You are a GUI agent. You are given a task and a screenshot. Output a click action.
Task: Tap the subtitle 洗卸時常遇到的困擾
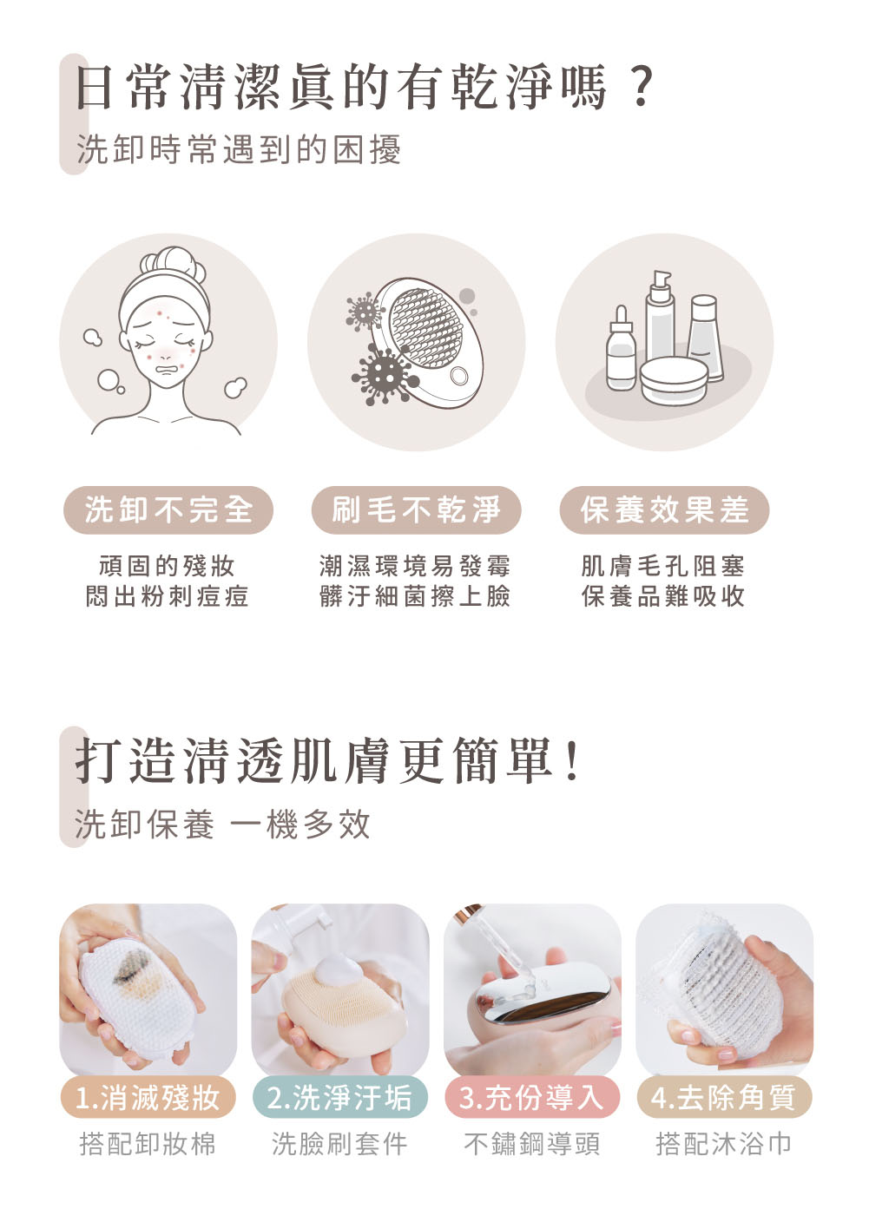(239, 149)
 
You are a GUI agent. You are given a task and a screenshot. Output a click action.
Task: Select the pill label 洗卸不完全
(168, 509)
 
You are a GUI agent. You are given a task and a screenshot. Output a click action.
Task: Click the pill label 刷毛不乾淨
(416, 509)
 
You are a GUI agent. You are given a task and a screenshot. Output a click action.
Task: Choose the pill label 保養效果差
(664, 509)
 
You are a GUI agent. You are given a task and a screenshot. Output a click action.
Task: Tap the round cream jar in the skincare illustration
(674, 380)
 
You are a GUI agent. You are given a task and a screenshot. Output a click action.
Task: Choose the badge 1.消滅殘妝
(148, 1098)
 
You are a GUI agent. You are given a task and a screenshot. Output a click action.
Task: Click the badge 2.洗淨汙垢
(339, 1098)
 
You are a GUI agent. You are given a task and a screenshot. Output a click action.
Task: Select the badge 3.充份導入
(531, 1098)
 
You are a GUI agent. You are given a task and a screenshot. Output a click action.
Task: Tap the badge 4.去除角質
(724, 1098)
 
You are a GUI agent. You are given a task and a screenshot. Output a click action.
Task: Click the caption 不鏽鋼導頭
(531, 1144)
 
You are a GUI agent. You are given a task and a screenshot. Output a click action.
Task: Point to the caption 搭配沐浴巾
(724, 1144)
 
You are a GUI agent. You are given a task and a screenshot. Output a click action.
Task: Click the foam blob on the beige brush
(339, 971)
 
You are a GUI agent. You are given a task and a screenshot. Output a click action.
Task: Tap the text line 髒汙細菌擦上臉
(415, 596)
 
